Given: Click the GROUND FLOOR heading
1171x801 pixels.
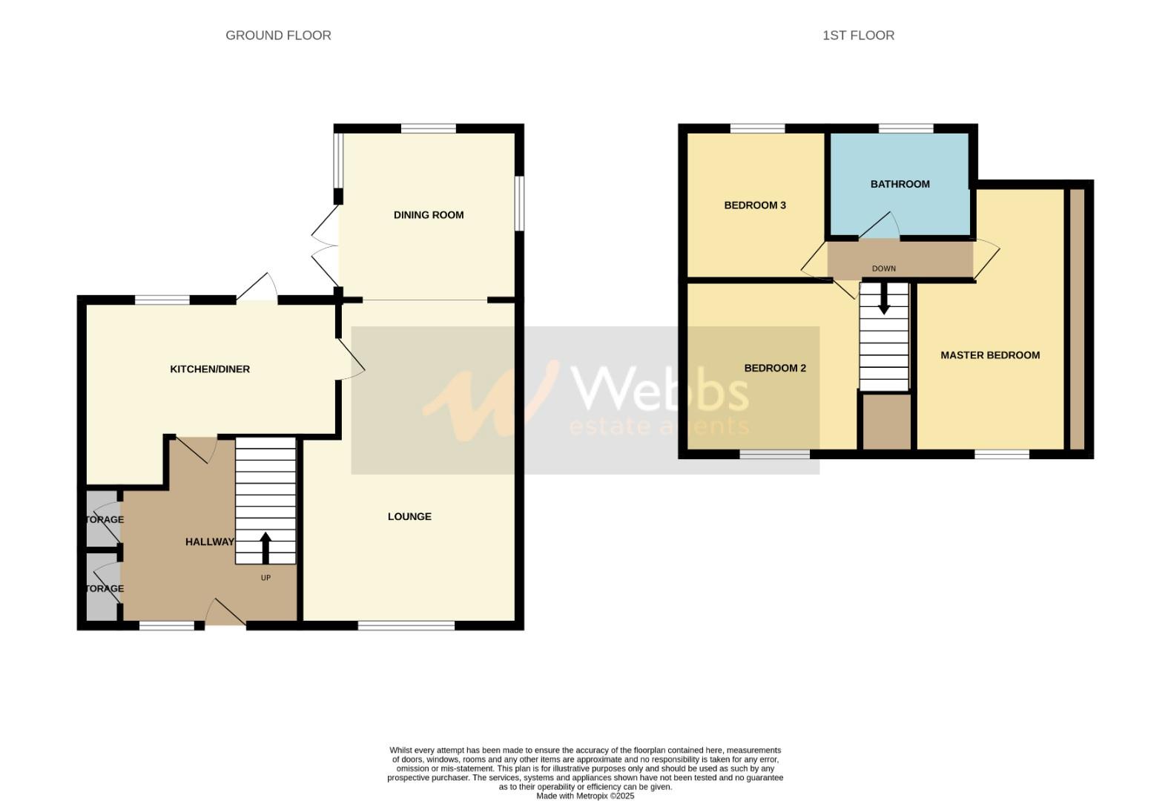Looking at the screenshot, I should tap(278, 35).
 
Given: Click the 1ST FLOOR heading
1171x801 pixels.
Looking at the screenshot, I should tap(858, 35).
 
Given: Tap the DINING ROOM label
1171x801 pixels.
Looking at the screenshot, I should tap(429, 215).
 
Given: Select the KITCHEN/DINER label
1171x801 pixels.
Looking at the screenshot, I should tap(210, 369).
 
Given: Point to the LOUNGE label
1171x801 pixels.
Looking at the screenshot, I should tap(409, 517).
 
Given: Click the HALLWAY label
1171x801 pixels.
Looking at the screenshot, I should tap(209, 542).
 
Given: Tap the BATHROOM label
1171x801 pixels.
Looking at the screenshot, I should tap(900, 184).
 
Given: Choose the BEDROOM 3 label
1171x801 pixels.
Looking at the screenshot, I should tap(755, 205).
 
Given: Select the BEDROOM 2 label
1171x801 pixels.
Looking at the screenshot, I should tap(775, 369).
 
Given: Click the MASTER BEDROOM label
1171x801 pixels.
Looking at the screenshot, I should tap(990, 355).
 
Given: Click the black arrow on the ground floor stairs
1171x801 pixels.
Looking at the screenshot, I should tap(265, 547).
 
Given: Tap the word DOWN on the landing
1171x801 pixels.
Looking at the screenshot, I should tap(884, 269).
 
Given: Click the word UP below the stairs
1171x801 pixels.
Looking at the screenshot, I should tap(265, 578).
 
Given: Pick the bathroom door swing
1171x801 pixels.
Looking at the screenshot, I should tap(881, 227).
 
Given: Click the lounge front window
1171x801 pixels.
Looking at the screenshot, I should tap(406, 625).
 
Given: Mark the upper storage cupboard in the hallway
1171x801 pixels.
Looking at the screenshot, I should tap(102, 519).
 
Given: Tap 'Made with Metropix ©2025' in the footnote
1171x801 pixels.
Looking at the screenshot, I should tap(585, 796).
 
